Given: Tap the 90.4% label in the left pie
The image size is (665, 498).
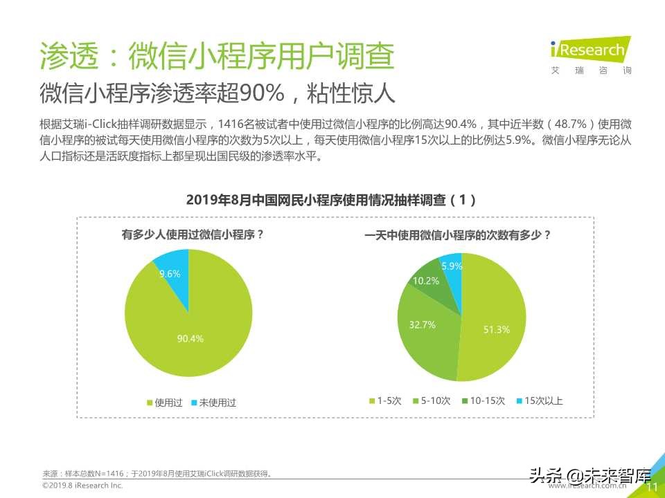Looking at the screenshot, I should [x=190, y=338].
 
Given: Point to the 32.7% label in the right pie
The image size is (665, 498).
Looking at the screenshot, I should [x=423, y=324].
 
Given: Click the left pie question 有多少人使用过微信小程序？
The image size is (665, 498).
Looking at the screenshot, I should [x=193, y=234].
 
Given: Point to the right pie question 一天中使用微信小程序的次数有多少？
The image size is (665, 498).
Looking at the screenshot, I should [x=458, y=234].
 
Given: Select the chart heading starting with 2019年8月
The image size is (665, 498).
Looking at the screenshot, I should [x=332, y=200].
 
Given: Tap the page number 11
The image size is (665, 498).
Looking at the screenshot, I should [x=651, y=488].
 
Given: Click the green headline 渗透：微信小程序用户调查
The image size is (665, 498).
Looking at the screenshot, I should [x=217, y=56].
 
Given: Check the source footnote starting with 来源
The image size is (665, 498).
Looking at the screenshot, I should [x=157, y=474].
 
